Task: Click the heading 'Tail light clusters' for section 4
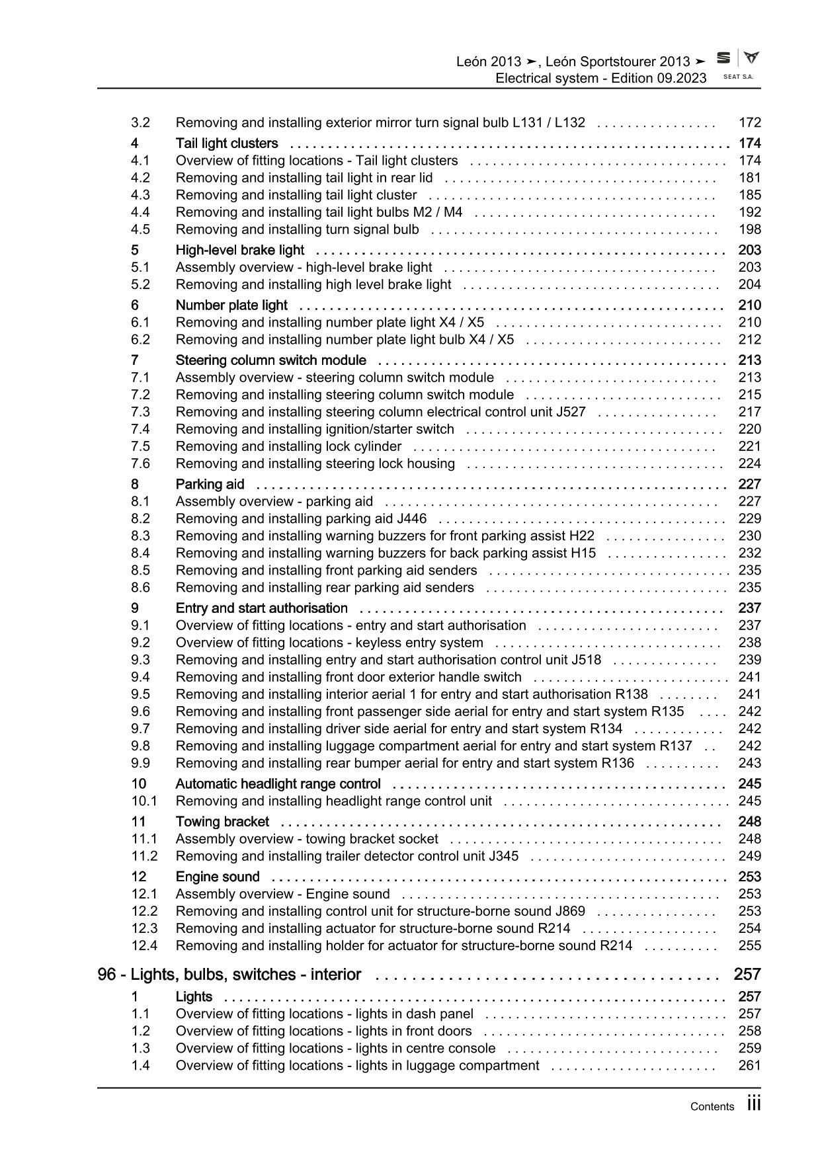tap(227, 143)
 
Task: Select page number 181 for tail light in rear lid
tap(750, 178)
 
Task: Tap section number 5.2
tap(140, 285)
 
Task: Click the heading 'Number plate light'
tap(231, 305)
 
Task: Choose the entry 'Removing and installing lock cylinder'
tap(288, 446)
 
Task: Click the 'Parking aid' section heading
tap(210, 485)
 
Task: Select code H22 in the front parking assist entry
tap(581, 536)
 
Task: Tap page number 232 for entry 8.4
tap(750, 553)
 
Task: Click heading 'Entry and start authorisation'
tap(261, 608)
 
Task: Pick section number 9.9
tap(140, 763)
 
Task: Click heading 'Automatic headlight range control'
tap(278, 784)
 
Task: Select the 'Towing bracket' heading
tap(222, 822)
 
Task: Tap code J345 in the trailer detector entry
tap(503, 856)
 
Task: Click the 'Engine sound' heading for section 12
tap(218, 877)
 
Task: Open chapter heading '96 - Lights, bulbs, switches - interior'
tap(229, 975)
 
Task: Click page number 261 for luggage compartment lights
tap(750, 1066)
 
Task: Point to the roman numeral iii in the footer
tap(754, 1104)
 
